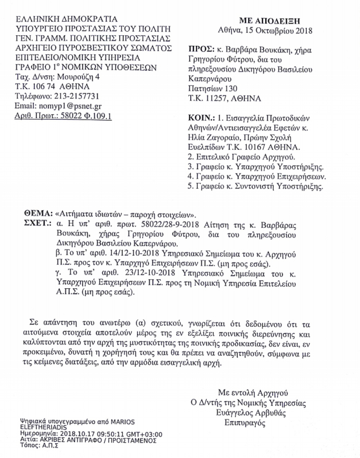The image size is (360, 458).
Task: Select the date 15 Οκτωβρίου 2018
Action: (x=283, y=31)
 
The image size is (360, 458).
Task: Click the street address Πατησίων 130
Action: (x=212, y=89)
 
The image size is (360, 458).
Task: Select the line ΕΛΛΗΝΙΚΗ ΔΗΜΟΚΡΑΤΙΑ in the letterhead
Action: (x=66, y=19)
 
